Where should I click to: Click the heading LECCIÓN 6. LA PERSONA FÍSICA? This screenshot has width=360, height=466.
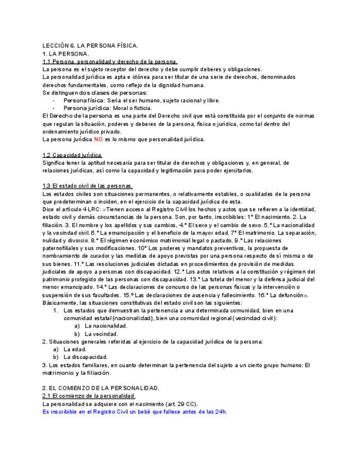[90, 46]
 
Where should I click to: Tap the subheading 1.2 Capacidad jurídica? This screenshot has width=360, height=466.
[72, 155]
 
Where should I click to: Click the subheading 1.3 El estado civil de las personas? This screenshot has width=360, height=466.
[87, 186]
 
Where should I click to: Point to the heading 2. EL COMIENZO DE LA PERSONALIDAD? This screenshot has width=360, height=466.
[101, 388]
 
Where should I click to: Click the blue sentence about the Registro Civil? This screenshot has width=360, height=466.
[135, 412]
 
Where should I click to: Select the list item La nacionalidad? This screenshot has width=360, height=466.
[106, 326]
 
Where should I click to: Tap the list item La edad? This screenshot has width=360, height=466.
[75, 349]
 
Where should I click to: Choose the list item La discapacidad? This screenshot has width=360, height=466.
[85, 357]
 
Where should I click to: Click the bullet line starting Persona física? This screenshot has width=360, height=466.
[141, 101]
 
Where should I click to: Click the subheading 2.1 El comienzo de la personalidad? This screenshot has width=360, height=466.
[88, 396]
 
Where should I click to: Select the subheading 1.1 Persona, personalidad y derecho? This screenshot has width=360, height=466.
[109, 62]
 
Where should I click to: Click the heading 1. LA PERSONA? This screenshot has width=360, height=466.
[65, 54]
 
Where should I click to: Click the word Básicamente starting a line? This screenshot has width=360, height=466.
[60, 303]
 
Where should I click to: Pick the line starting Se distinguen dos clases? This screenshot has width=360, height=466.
[95, 93]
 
